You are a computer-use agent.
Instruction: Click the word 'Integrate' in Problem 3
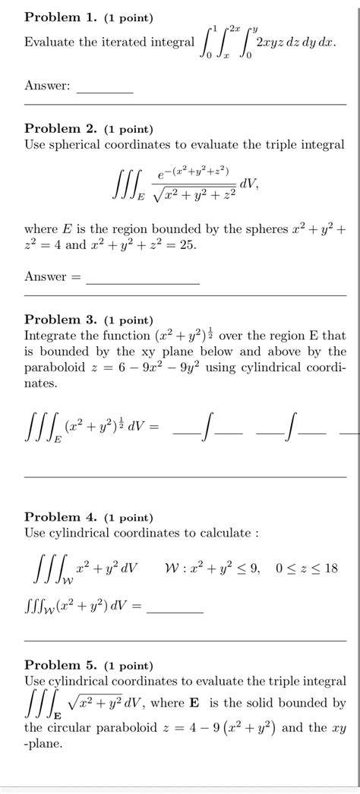coord(54,336)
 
